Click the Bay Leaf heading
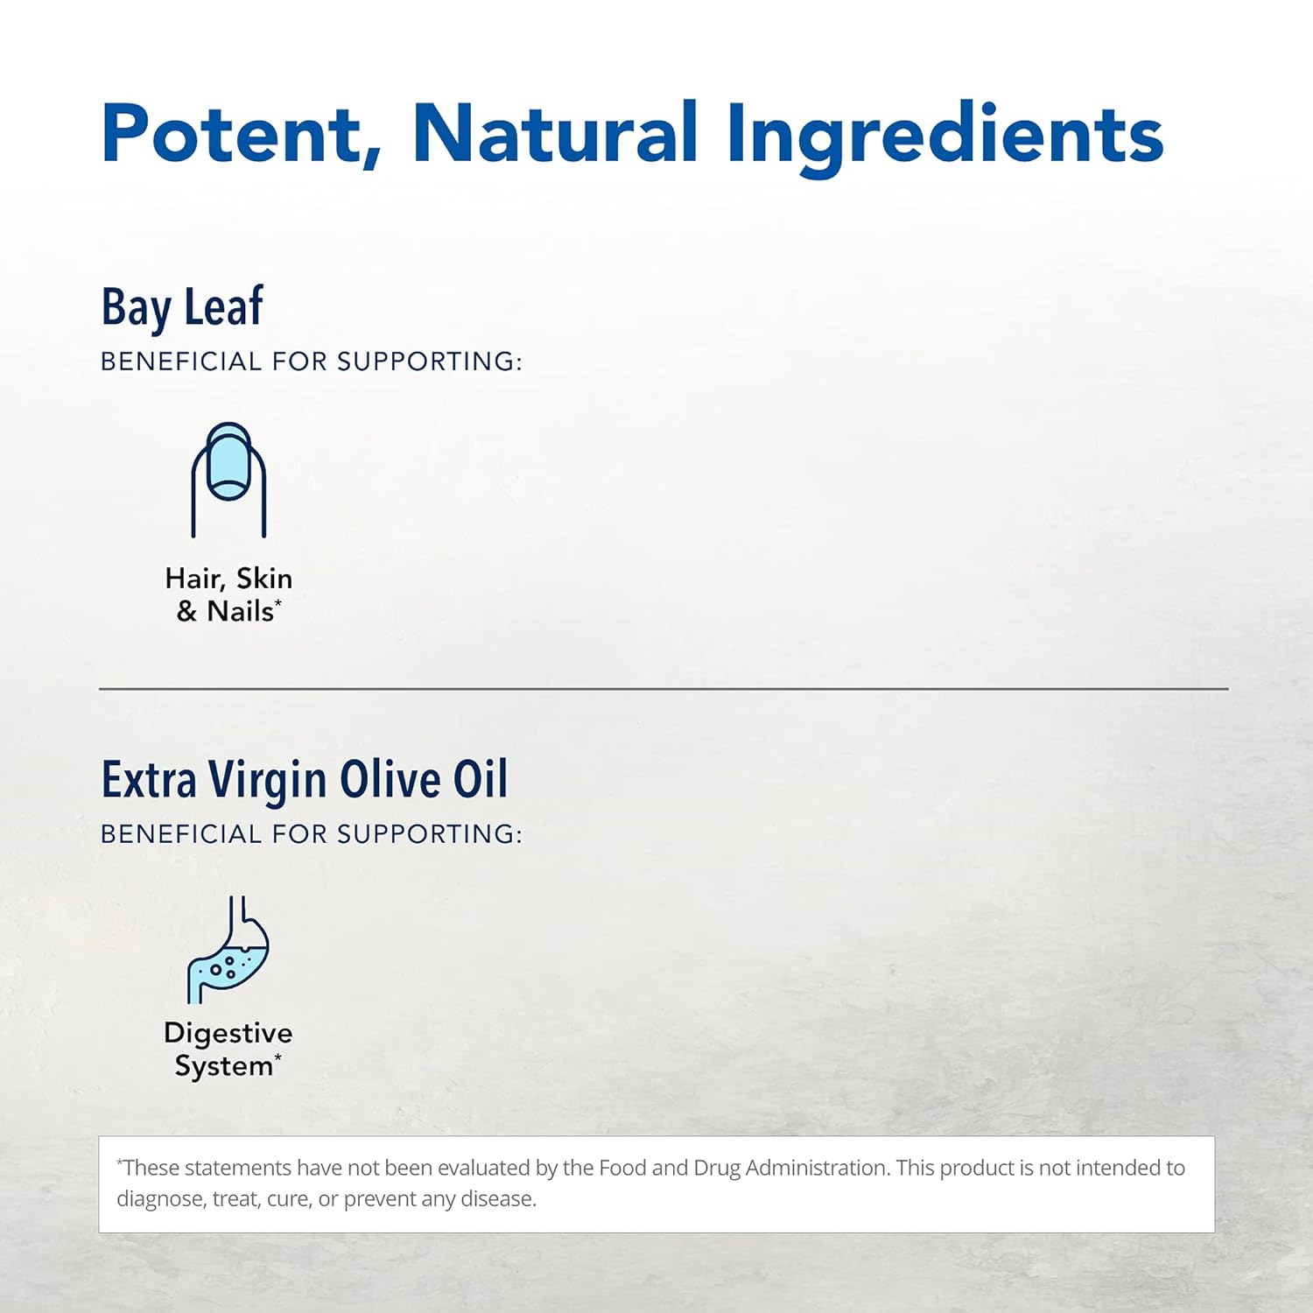pos(182,308)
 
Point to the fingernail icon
pos(228,480)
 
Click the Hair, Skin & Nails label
pos(228,594)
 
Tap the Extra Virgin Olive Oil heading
pos(305,780)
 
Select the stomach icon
pos(228,950)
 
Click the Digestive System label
pos(228,1050)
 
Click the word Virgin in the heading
pos(267,781)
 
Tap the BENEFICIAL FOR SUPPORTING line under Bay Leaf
pos(312,362)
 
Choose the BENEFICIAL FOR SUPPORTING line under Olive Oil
pos(312,834)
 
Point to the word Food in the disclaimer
pos(623,1168)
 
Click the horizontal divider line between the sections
pos(664,689)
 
